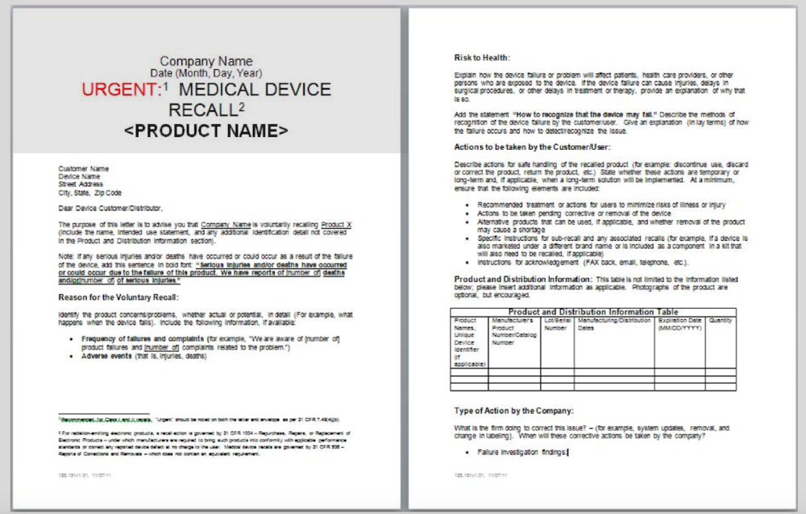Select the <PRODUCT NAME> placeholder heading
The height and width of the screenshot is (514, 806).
206,131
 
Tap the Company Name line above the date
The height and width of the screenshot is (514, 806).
206,61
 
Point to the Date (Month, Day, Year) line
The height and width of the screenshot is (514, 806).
206,74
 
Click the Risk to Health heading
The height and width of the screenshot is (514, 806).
482,57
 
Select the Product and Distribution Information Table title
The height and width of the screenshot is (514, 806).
592,312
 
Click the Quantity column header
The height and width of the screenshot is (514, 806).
721,320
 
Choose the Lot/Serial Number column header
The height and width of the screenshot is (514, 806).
556,324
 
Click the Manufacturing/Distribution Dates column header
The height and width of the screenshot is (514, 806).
613,324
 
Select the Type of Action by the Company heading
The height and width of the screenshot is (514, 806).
514,410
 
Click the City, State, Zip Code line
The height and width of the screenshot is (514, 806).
89,193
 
